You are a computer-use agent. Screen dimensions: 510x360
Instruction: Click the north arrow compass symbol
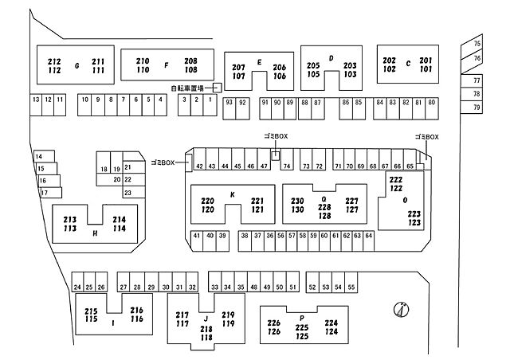[402, 310]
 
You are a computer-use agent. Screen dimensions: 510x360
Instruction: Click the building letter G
[77, 66]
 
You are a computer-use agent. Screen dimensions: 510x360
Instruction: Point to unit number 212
[54, 61]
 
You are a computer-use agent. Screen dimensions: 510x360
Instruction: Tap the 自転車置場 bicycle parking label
[187, 88]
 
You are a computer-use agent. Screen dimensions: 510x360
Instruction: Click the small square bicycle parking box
[218, 88]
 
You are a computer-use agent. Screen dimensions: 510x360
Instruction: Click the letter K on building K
[233, 194]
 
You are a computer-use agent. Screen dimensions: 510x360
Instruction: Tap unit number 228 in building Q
[324, 207]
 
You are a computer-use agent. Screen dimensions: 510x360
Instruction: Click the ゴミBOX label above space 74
[277, 136]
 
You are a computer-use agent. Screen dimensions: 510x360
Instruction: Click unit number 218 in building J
[206, 329]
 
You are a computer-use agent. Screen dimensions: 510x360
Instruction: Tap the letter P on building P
[302, 318]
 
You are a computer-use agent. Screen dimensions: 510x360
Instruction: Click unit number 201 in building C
[426, 61]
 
